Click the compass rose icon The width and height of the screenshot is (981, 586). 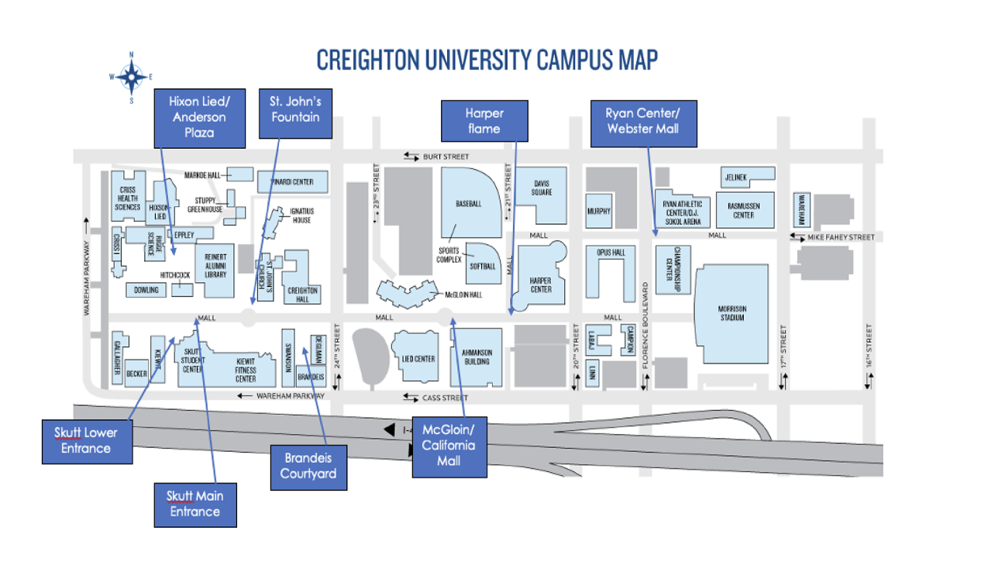(132, 76)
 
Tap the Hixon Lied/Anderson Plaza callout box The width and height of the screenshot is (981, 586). (199, 117)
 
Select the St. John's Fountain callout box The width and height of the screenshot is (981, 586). (294, 109)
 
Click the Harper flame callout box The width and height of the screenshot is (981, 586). (484, 121)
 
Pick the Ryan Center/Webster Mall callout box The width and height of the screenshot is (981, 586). (643, 122)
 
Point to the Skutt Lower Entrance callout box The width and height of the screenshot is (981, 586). (87, 441)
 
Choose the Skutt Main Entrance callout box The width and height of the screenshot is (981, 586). (194, 504)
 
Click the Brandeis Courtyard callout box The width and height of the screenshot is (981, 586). (308, 467)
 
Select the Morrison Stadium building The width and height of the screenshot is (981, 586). (731, 313)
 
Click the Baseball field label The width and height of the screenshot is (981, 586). (469, 204)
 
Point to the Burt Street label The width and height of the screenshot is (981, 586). (446, 157)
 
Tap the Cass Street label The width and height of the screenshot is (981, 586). (446, 398)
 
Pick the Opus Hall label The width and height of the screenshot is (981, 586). (611, 253)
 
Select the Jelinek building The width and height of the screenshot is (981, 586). (736, 178)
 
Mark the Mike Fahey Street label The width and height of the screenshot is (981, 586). (840, 237)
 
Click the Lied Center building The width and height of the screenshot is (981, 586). (418, 359)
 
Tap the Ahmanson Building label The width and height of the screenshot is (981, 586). (477, 357)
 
